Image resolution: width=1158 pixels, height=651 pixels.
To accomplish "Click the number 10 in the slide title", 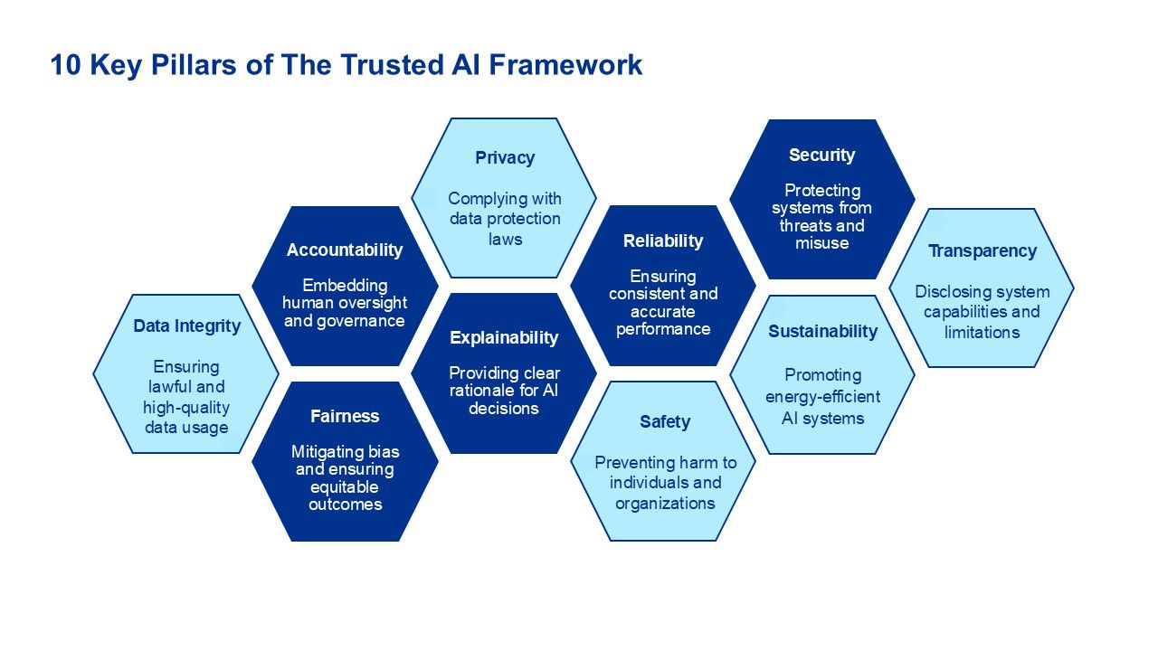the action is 66,65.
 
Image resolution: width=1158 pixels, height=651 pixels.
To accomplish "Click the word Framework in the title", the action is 565,65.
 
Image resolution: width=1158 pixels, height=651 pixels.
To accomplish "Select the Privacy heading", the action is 505,157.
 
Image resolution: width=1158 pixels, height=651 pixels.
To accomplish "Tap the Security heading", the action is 821,155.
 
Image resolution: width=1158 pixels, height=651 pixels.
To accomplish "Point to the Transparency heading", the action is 982,251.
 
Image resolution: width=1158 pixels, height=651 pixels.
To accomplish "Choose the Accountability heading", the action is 345,250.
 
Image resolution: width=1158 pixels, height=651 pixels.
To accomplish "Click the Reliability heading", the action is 663,241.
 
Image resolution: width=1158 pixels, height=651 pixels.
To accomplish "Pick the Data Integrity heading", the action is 186,326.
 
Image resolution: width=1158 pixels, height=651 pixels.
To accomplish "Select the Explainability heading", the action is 504,338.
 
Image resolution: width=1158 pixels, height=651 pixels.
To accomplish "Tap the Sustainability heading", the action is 822,331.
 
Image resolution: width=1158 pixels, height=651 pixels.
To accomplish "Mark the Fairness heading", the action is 345,416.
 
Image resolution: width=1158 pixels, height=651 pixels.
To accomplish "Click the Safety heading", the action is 665,422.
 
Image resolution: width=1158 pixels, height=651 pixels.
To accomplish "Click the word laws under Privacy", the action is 505,240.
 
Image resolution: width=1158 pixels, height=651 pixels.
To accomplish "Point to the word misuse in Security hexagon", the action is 822,243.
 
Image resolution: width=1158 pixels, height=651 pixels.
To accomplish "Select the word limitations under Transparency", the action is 982,332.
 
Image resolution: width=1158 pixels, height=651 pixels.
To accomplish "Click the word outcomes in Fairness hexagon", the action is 346,505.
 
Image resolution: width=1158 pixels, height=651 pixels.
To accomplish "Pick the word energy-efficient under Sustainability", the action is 822,397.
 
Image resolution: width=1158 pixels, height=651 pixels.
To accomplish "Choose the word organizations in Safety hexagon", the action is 665,504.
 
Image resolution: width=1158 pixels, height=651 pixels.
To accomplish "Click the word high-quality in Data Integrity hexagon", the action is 186,408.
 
